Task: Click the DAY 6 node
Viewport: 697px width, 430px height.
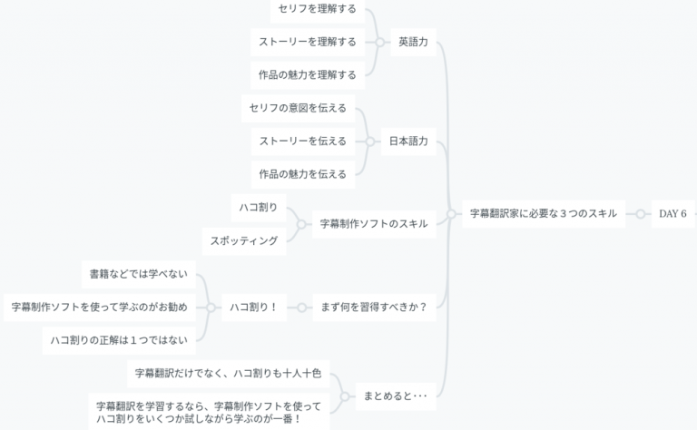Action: [x=672, y=214]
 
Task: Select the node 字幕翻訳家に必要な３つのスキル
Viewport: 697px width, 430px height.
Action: [x=544, y=214]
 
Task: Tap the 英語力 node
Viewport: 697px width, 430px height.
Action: [x=414, y=43]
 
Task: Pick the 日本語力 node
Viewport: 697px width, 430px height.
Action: [x=408, y=142]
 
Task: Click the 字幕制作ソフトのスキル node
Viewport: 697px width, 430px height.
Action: [x=374, y=224]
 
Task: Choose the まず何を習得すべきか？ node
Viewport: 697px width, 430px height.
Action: [x=374, y=307]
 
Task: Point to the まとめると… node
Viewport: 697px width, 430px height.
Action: [x=396, y=396]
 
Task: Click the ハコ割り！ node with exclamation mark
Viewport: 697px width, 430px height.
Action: [x=254, y=307]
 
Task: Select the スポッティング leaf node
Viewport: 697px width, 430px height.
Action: [x=244, y=241]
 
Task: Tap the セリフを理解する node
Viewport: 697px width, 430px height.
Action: [x=318, y=9]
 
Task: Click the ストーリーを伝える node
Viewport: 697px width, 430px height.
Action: [x=303, y=142]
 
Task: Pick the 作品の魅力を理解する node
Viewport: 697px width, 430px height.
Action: [x=308, y=75]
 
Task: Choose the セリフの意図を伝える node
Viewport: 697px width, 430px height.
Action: [x=298, y=108]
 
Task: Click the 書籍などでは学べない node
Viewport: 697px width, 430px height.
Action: [x=139, y=274]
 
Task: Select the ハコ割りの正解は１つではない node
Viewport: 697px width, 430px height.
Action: [x=119, y=340]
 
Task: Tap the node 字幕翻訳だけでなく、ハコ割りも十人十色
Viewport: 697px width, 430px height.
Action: [x=228, y=374]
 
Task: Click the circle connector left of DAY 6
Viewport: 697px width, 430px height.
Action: [x=640, y=214]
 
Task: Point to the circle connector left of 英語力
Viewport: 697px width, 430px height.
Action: [x=379, y=43]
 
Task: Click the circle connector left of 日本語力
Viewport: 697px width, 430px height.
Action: [x=370, y=142]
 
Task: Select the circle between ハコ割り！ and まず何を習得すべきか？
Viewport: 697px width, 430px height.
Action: [x=302, y=308]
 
